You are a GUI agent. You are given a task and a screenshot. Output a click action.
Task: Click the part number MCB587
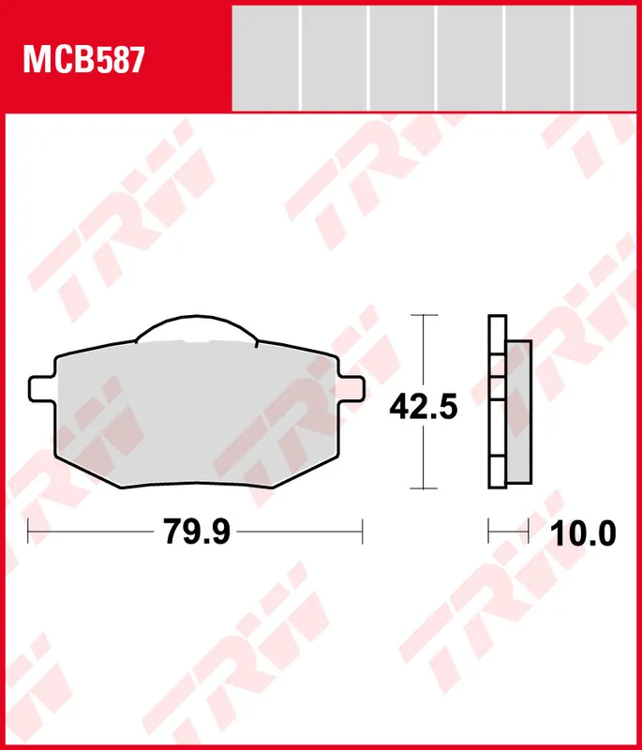83,60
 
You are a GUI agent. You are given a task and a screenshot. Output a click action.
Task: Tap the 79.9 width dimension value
197,532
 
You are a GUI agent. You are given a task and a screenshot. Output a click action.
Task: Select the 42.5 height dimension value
424,407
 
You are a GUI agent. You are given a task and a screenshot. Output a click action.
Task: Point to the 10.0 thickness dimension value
583,533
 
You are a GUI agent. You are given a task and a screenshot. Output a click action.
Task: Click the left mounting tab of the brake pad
42,389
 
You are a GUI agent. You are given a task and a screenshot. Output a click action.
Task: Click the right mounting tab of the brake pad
351,388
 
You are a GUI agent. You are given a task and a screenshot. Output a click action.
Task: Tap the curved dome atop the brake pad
197,327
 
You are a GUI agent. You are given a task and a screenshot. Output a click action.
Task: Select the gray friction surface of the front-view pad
197,413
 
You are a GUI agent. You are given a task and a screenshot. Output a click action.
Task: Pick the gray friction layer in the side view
518,412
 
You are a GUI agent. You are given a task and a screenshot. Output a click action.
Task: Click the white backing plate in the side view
497,402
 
